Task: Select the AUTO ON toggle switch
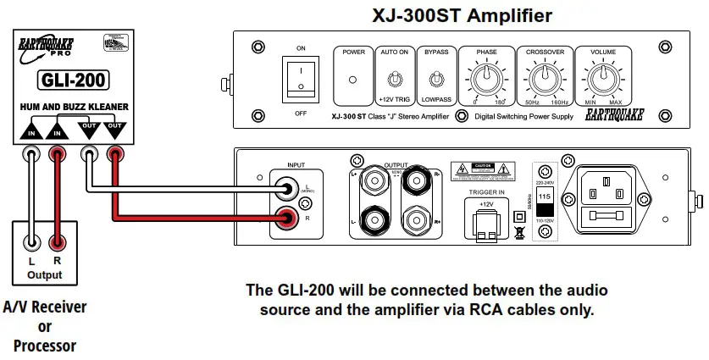pos(393,80)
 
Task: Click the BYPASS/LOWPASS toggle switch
pos(436,80)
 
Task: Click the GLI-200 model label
pos(71,81)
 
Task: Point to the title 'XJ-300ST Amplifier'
pos(463,15)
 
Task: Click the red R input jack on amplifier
pos(289,220)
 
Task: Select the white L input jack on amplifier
pos(289,189)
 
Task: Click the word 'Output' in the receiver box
pos(44,275)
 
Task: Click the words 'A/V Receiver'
pos(44,307)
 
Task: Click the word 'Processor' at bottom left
pos(44,346)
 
